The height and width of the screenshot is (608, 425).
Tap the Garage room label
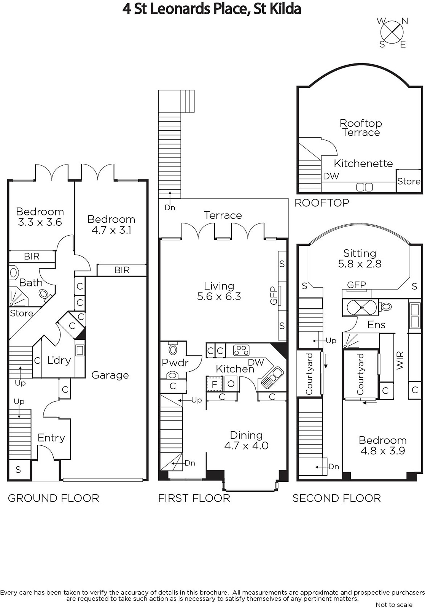tap(110, 375)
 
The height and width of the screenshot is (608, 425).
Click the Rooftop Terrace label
tap(361, 128)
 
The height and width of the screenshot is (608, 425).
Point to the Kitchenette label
tap(363, 163)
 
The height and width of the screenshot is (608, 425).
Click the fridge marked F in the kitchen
tap(215, 384)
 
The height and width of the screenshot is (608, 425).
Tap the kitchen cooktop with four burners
tap(241, 350)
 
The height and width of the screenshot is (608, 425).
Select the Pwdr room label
tap(175, 363)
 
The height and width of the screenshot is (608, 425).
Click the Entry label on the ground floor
tap(51, 438)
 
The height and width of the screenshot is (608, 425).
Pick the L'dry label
tap(59, 360)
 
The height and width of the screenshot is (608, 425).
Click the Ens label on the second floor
tap(376, 325)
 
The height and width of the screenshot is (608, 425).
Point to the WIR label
tap(400, 360)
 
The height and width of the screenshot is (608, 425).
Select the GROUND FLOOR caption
tap(54, 498)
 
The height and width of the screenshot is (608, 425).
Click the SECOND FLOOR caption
tap(337, 498)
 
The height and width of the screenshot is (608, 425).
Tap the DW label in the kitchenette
tap(331, 176)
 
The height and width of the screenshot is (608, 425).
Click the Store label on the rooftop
tap(409, 181)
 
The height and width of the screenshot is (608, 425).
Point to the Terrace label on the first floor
tap(223, 215)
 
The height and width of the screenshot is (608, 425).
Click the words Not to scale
tap(394, 604)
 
